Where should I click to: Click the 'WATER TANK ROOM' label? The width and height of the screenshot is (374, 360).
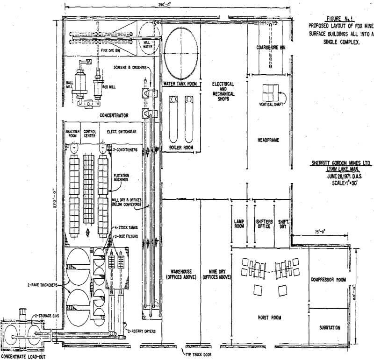tap(180, 84)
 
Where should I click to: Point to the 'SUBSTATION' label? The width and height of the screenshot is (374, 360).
tap(329, 327)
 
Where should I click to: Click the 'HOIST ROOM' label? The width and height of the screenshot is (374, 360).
tap(269, 317)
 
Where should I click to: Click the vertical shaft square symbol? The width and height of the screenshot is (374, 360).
tap(270, 93)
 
